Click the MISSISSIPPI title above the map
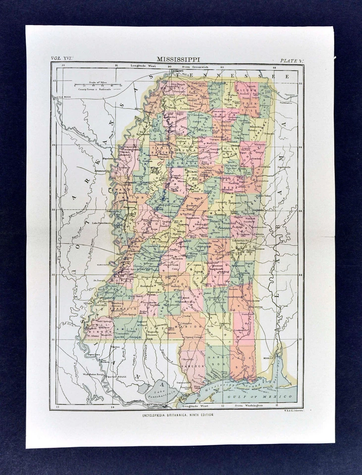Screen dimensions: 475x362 (x=178, y=59)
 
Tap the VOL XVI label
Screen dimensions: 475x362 (x=62, y=59)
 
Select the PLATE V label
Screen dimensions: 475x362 (x=291, y=60)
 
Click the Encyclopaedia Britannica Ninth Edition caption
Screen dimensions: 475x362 (x=177, y=415)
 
